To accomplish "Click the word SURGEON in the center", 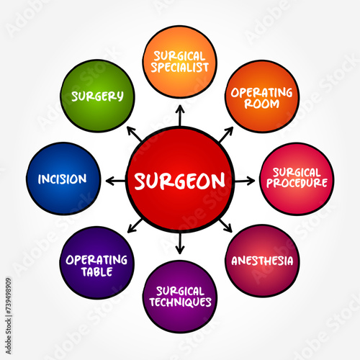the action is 180,181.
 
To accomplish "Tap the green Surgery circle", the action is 97,96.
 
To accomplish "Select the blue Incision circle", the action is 63,179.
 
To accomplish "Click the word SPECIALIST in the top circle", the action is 180,67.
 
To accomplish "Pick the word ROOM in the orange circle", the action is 261,104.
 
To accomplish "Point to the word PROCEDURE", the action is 297,183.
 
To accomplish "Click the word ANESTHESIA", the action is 262,261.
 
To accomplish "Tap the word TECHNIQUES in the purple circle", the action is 180,302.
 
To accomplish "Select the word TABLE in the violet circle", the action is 96,271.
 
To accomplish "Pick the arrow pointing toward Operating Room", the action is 226,135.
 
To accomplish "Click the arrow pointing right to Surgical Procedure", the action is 245,181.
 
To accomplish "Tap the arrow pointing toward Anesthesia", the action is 225,226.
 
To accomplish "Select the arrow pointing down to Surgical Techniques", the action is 180,243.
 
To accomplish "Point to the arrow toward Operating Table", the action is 135,226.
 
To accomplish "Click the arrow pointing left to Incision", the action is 115,181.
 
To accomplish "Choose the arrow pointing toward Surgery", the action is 135,134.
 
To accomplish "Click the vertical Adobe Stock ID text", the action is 9,316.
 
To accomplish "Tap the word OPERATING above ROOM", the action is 261,93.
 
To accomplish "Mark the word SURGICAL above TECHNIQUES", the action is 180,291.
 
